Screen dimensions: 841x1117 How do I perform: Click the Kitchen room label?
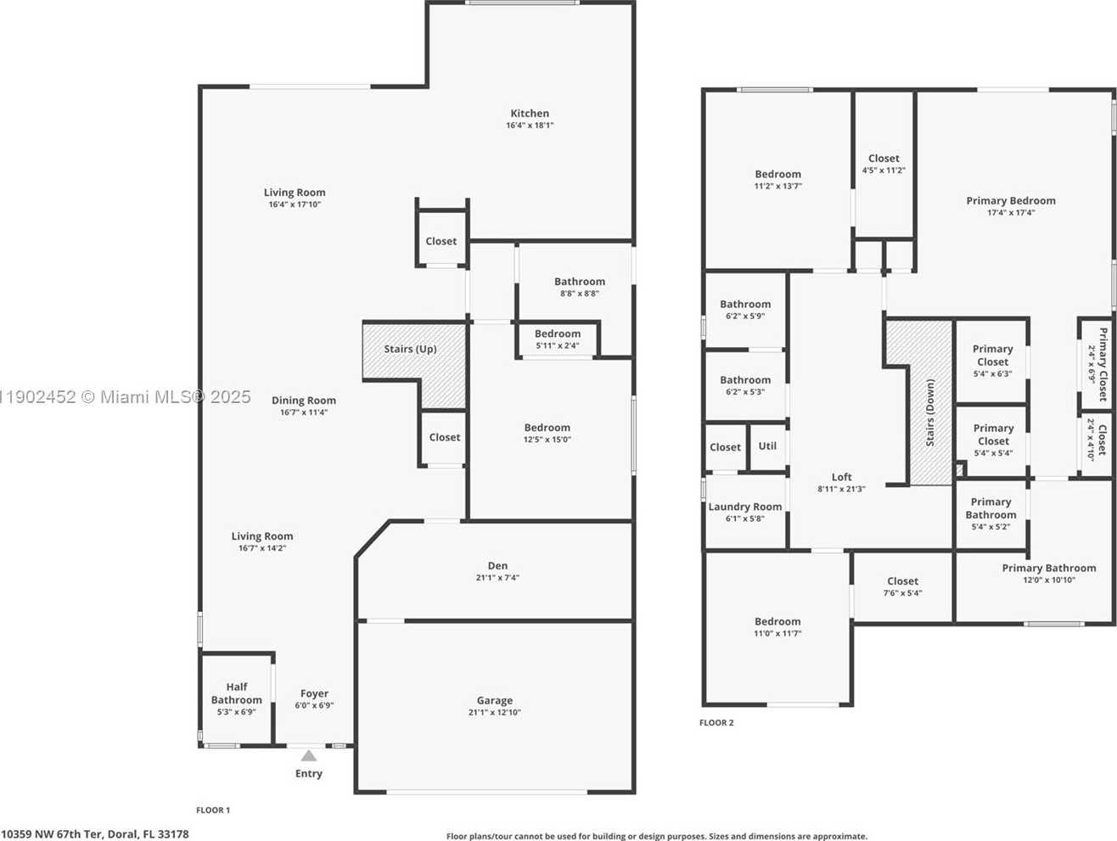(529, 114)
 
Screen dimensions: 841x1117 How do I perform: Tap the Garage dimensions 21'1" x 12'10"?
(494, 713)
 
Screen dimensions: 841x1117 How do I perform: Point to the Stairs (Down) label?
(930, 413)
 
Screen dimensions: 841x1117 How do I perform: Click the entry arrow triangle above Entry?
(309, 755)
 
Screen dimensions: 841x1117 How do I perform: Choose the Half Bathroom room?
(237, 698)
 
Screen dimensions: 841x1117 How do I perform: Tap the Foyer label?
(314, 693)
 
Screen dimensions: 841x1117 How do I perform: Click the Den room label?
(497, 566)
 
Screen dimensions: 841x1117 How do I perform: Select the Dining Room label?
(304, 401)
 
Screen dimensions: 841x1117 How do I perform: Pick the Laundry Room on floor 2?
(745, 512)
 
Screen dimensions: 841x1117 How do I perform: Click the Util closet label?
(767, 446)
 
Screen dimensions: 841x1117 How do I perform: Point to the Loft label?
(841, 477)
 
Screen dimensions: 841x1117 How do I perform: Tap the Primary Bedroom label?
(1011, 201)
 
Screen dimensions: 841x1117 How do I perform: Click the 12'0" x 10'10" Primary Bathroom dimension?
(1048, 580)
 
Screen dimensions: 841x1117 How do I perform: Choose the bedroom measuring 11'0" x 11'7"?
(777, 627)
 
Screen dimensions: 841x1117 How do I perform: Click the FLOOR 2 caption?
(716, 723)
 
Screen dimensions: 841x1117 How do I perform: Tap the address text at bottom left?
(95, 834)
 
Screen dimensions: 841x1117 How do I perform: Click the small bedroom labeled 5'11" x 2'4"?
(558, 339)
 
